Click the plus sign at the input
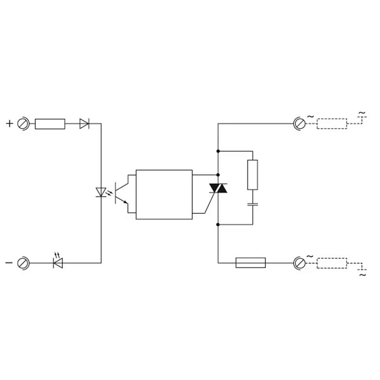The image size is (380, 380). (x=9, y=123)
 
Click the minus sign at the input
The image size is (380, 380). (x=9, y=262)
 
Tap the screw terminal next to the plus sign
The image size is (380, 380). (x=23, y=123)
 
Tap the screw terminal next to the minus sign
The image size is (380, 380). (x=23, y=263)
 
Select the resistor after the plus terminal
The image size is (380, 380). (x=50, y=124)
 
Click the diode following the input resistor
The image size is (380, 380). (x=84, y=123)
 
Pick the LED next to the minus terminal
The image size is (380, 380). (x=58, y=261)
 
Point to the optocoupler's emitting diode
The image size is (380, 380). (x=101, y=192)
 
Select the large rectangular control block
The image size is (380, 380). (x=164, y=195)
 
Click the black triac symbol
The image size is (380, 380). (x=218, y=188)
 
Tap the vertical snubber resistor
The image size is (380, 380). (x=252, y=175)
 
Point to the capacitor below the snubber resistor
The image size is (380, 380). (x=252, y=204)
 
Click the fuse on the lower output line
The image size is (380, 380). (x=251, y=262)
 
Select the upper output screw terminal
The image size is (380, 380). (x=299, y=123)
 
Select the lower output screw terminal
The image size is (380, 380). (x=299, y=263)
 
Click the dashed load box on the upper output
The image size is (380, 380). (x=332, y=123)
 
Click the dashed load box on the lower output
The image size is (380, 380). (x=332, y=263)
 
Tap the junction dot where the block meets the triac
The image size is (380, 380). (x=218, y=175)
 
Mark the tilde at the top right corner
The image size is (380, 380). (x=362, y=113)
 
